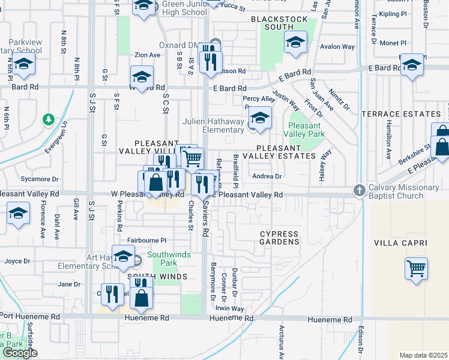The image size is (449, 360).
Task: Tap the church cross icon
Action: (x=359, y=190)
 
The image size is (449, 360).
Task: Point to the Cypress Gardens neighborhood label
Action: (x=279, y=238)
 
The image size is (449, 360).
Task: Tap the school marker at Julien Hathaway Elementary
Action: (x=260, y=118)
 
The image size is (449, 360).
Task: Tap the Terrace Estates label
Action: (x=401, y=114)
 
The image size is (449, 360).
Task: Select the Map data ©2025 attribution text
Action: (x=423, y=355)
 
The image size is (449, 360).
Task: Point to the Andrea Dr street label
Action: (x=267, y=176)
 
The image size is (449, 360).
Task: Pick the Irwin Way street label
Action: (x=230, y=309)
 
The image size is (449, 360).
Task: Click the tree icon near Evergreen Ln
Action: (x=48, y=120)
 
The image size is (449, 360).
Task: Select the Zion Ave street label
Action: (x=147, y=55)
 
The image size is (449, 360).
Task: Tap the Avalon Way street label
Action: (x=338, y=47)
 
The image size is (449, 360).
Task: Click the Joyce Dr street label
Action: (x=17, y=261)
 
